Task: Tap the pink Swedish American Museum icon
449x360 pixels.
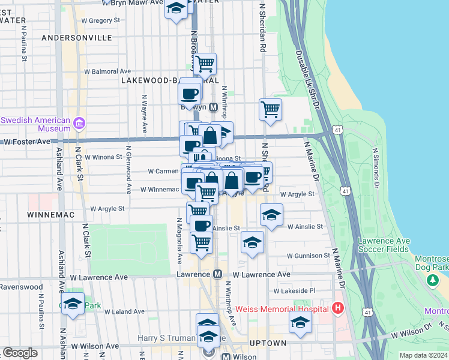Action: point(79,124)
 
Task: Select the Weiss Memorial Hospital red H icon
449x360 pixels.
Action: point(338,308)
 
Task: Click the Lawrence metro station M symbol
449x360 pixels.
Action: point(218,274)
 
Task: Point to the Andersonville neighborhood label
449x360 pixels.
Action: point(77,37)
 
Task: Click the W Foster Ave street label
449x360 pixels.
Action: point(26,142)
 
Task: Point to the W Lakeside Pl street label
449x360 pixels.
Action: point(294,290)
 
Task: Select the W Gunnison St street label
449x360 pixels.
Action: point(308,256)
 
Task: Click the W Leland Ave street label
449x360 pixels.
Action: point(124,311)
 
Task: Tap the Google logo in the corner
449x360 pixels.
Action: point(20,353)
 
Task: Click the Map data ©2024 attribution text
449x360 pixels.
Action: point(423,355)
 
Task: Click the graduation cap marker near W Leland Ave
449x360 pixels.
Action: point(73,304)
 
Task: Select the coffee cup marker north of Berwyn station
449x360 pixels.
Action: point(190,94)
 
